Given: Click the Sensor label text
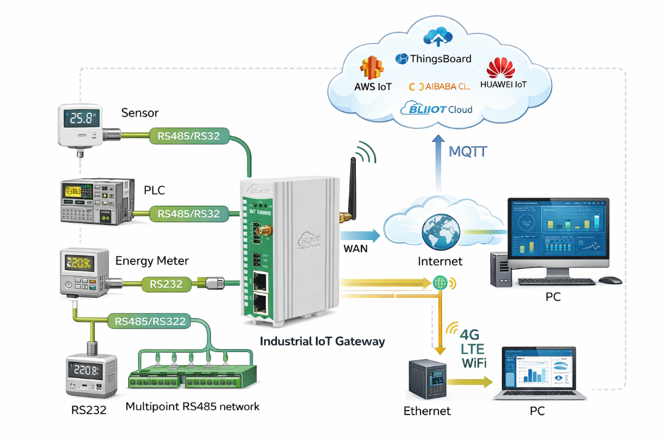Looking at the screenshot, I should click(140, 113).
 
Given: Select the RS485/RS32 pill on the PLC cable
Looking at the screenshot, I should click(188, 214).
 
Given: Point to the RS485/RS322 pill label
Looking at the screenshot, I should click(151, 321).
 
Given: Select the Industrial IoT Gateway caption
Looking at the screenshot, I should click(322, 341).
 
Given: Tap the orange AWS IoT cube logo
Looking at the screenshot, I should click(373, 68).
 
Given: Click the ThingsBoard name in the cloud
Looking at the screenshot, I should click(441, 59).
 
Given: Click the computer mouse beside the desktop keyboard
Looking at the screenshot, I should click(610, 280).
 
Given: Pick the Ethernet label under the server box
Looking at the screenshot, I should click(427, 411).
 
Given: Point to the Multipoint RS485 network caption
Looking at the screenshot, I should click(192, 406).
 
